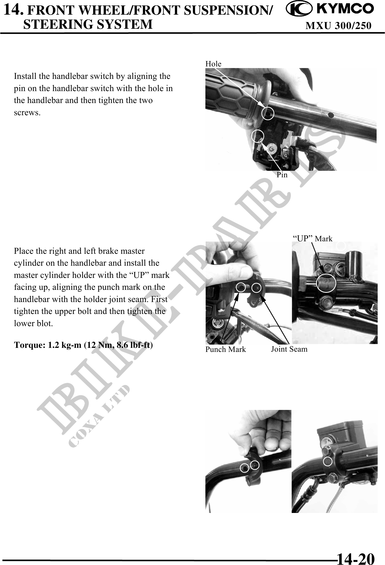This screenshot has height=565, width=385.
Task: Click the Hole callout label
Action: pyautogui.click(x=213, y=64)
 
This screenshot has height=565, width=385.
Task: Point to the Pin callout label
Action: pyautogui.click(x=282, y=175)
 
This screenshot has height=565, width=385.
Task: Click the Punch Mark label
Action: pyautogui.click(x=225, y=349)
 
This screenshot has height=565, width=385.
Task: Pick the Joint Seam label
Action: pyautogui.click(x=289, y=349)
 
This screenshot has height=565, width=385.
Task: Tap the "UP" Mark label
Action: pyautogui.click(x=313, y=239)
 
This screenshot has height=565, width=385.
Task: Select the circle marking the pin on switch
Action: pyautogui.click(x=258, y=136)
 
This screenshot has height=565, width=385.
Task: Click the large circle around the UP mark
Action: pyautogui.click(x=326, y=283)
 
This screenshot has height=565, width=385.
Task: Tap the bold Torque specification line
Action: pyautogui.click(x=83, y=345)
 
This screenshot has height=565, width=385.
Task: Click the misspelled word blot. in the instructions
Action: pyautogui.click(x=45, y=323)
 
